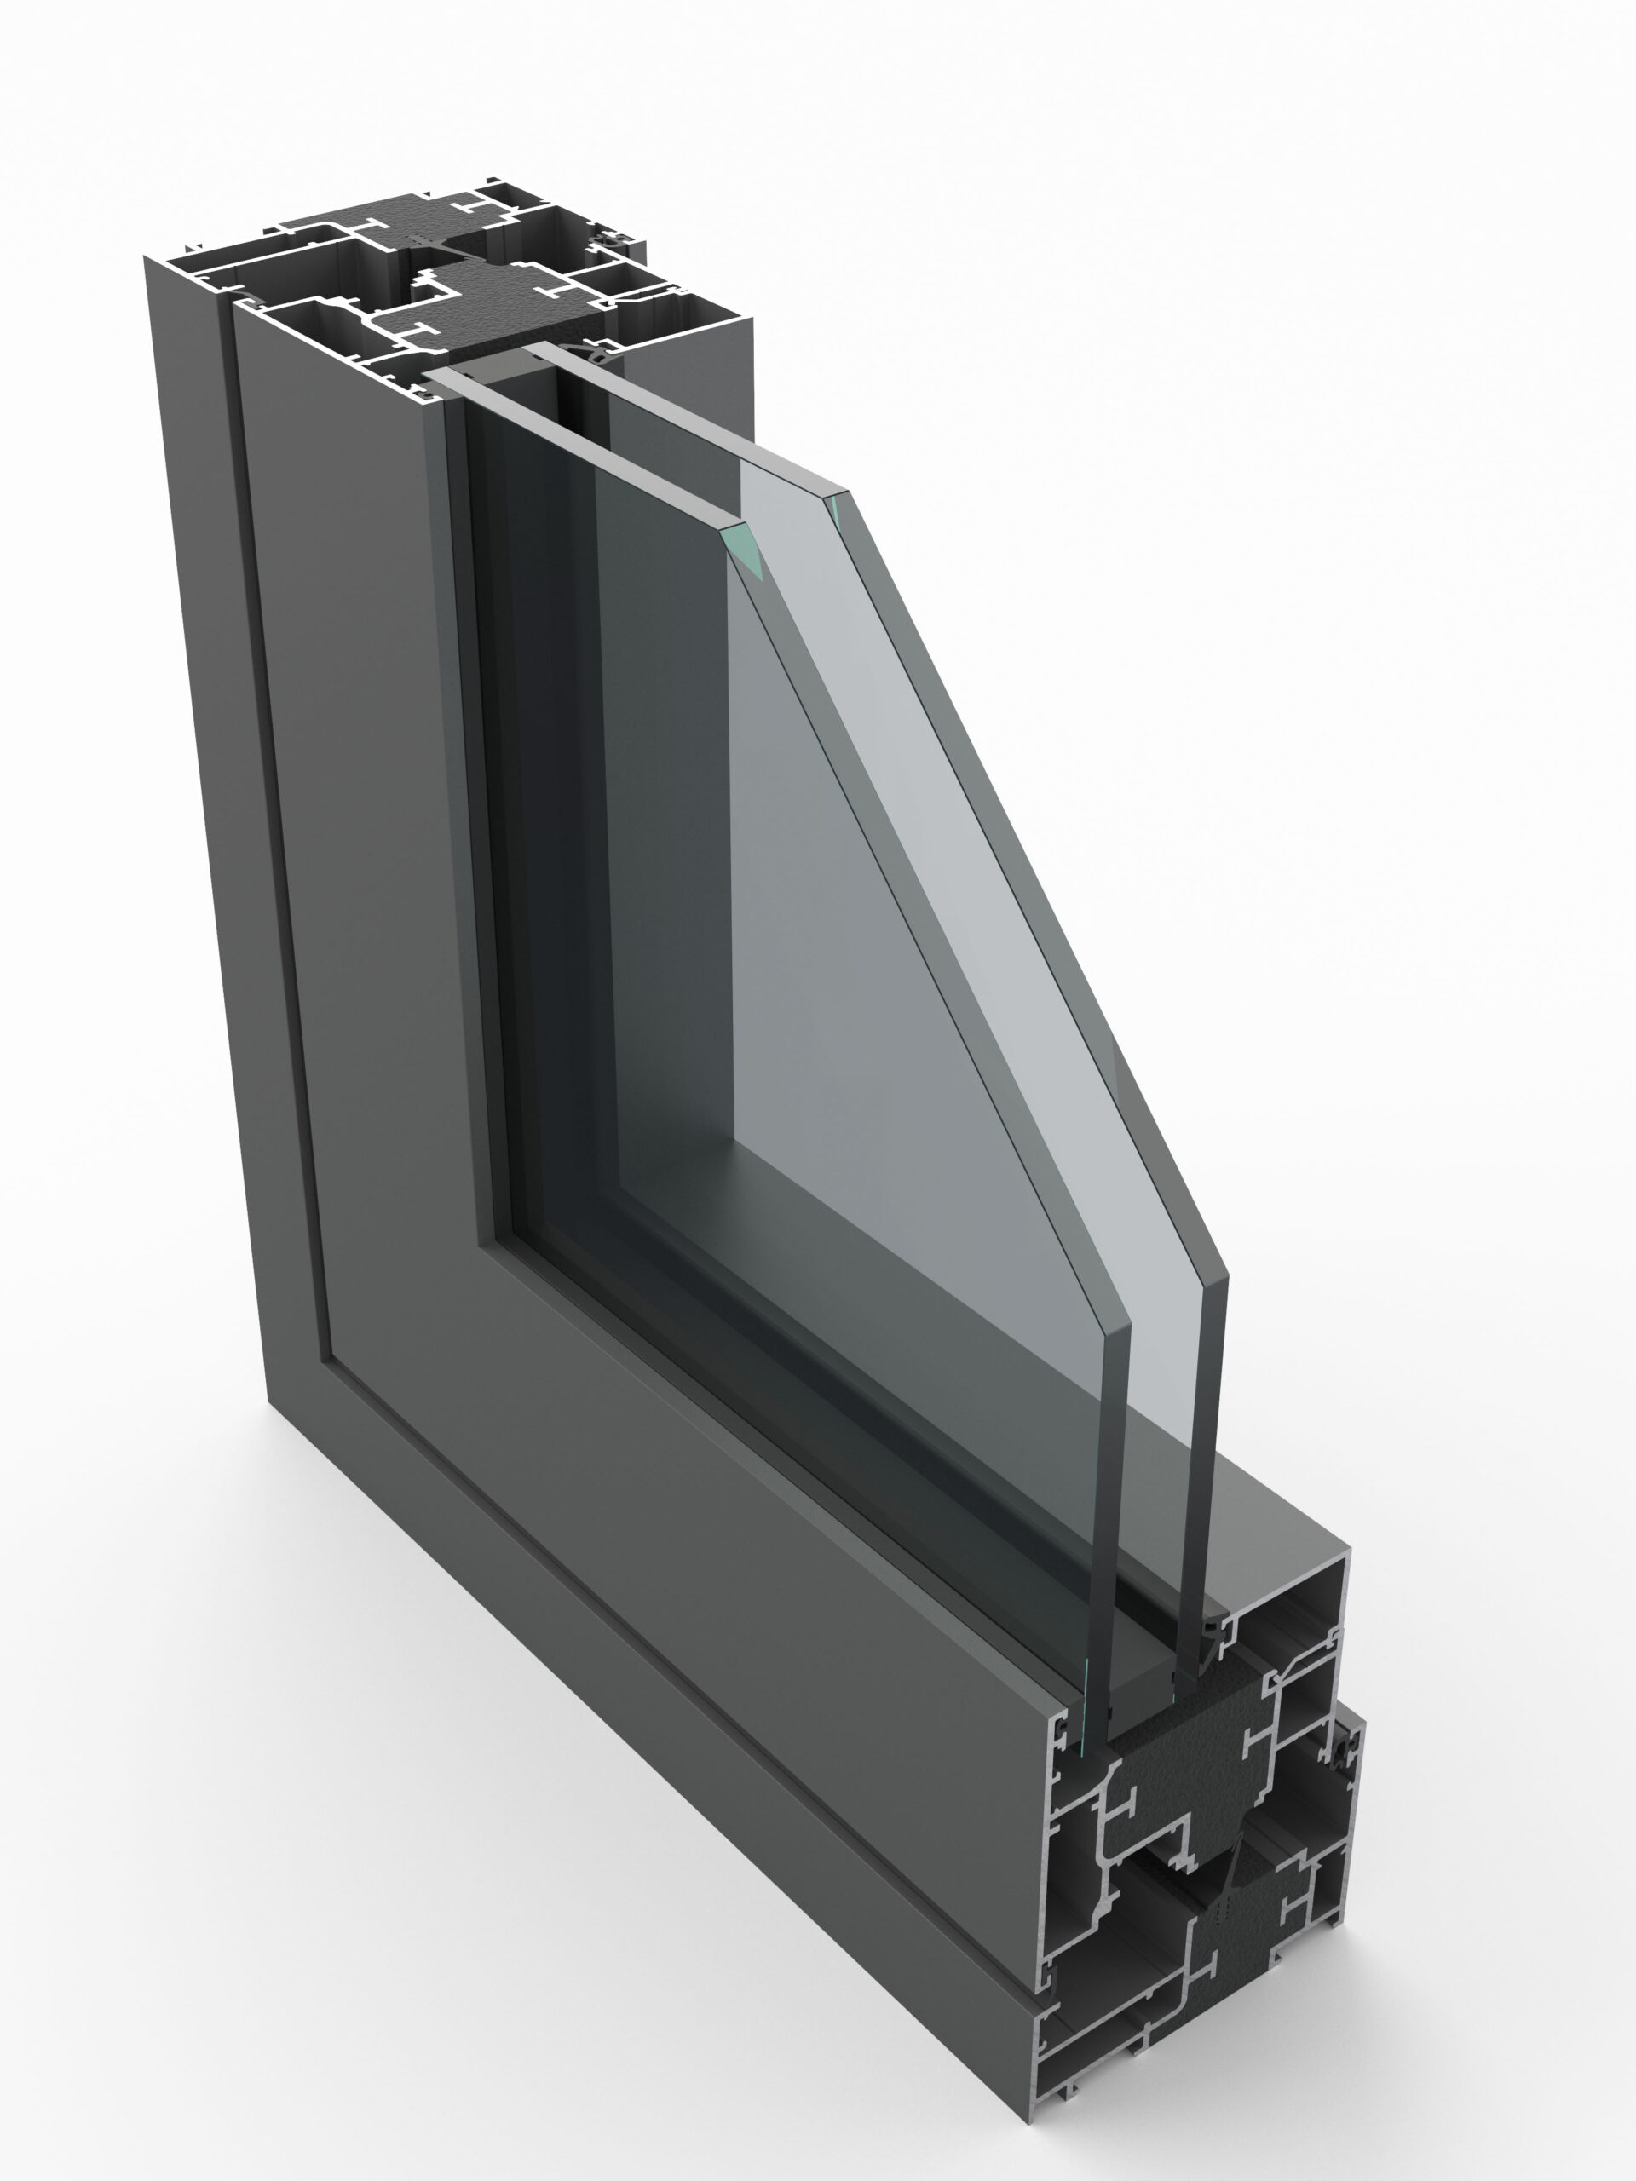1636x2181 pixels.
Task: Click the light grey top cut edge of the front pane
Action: pos(582,450)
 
